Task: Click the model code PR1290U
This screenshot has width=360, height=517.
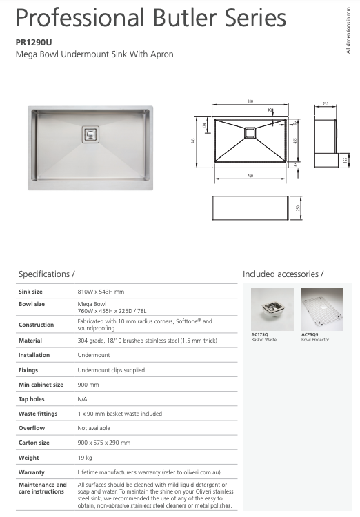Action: [32, 42]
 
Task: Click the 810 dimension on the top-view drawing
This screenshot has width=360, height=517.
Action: [250, 102]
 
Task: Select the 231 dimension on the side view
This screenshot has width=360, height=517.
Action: [325, 105]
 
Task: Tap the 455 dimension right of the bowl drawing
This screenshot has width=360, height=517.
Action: [295, 140]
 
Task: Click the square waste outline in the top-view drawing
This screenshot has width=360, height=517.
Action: [250, 132]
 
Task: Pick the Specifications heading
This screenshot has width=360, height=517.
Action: [46, 274]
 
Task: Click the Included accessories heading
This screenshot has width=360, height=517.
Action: [283, 274]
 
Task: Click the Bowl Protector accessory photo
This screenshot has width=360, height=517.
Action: [322, 309]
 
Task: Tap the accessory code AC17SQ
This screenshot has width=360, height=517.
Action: [259, 334]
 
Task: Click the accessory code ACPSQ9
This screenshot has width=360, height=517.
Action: [310, 334]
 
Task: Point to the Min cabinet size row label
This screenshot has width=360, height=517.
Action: [41, 385]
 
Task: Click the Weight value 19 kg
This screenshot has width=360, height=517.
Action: [85, 458]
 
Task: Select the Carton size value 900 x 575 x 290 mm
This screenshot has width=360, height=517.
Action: [104, 443]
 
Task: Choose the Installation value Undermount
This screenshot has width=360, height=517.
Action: [93, 355]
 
